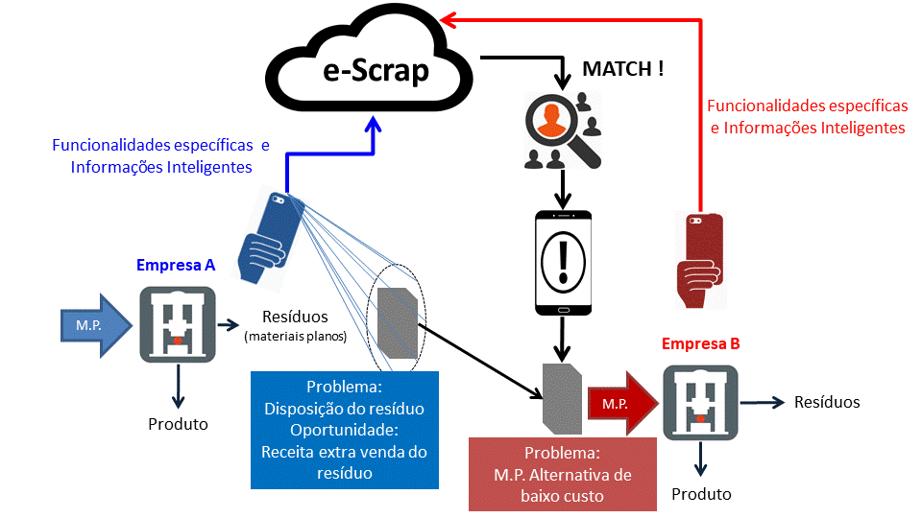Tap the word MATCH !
(623, 70)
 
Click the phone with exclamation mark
(563, 262)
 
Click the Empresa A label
(176, 266)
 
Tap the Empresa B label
(700, 342)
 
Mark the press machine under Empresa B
(700, 402)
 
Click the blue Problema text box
(344, 429)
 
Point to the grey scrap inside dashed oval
(397, 325)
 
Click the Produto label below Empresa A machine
(178, 423)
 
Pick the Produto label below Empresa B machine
(701, 494)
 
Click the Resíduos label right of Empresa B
(827, 402)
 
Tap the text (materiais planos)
(295, 336)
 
